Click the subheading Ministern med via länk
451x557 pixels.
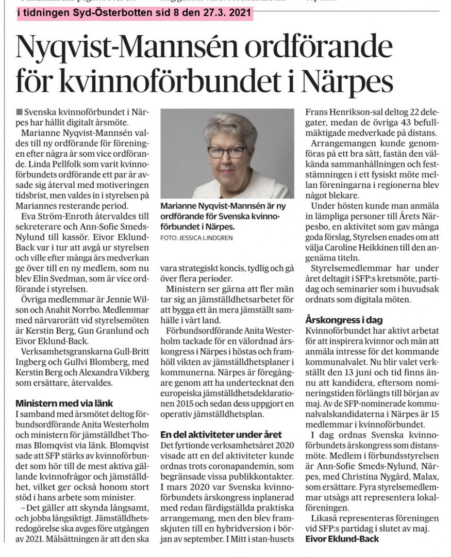coord(64,403)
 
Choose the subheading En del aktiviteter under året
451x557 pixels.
coord(221,435)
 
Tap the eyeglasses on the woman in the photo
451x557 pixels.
coord(226,152)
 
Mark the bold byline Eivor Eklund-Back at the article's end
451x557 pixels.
coord(342,539)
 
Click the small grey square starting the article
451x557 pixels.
coord(19,111)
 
